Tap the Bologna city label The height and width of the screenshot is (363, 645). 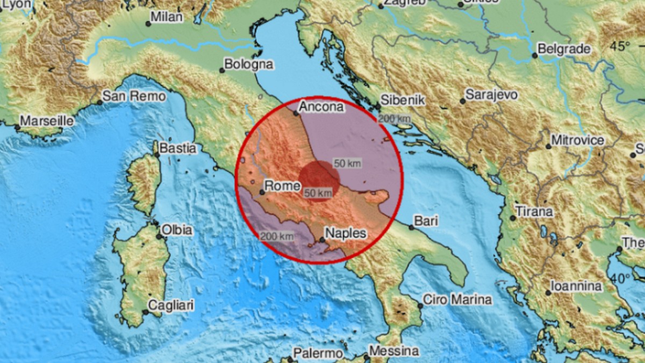click(248, 65)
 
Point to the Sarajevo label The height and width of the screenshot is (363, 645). click(492, 95)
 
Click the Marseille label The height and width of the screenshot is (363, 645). click(47, 120)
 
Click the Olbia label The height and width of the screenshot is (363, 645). click(177, 230)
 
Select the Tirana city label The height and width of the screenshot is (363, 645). click(534, 211)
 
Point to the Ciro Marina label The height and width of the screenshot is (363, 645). click(457, 299)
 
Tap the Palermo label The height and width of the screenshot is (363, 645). click(318, 353)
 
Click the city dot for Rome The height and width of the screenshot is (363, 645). click(262, 191)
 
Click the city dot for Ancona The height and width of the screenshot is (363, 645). click(296, 113)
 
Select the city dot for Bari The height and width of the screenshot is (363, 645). click(412, 227)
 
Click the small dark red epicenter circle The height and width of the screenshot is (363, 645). click(319, 181)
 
